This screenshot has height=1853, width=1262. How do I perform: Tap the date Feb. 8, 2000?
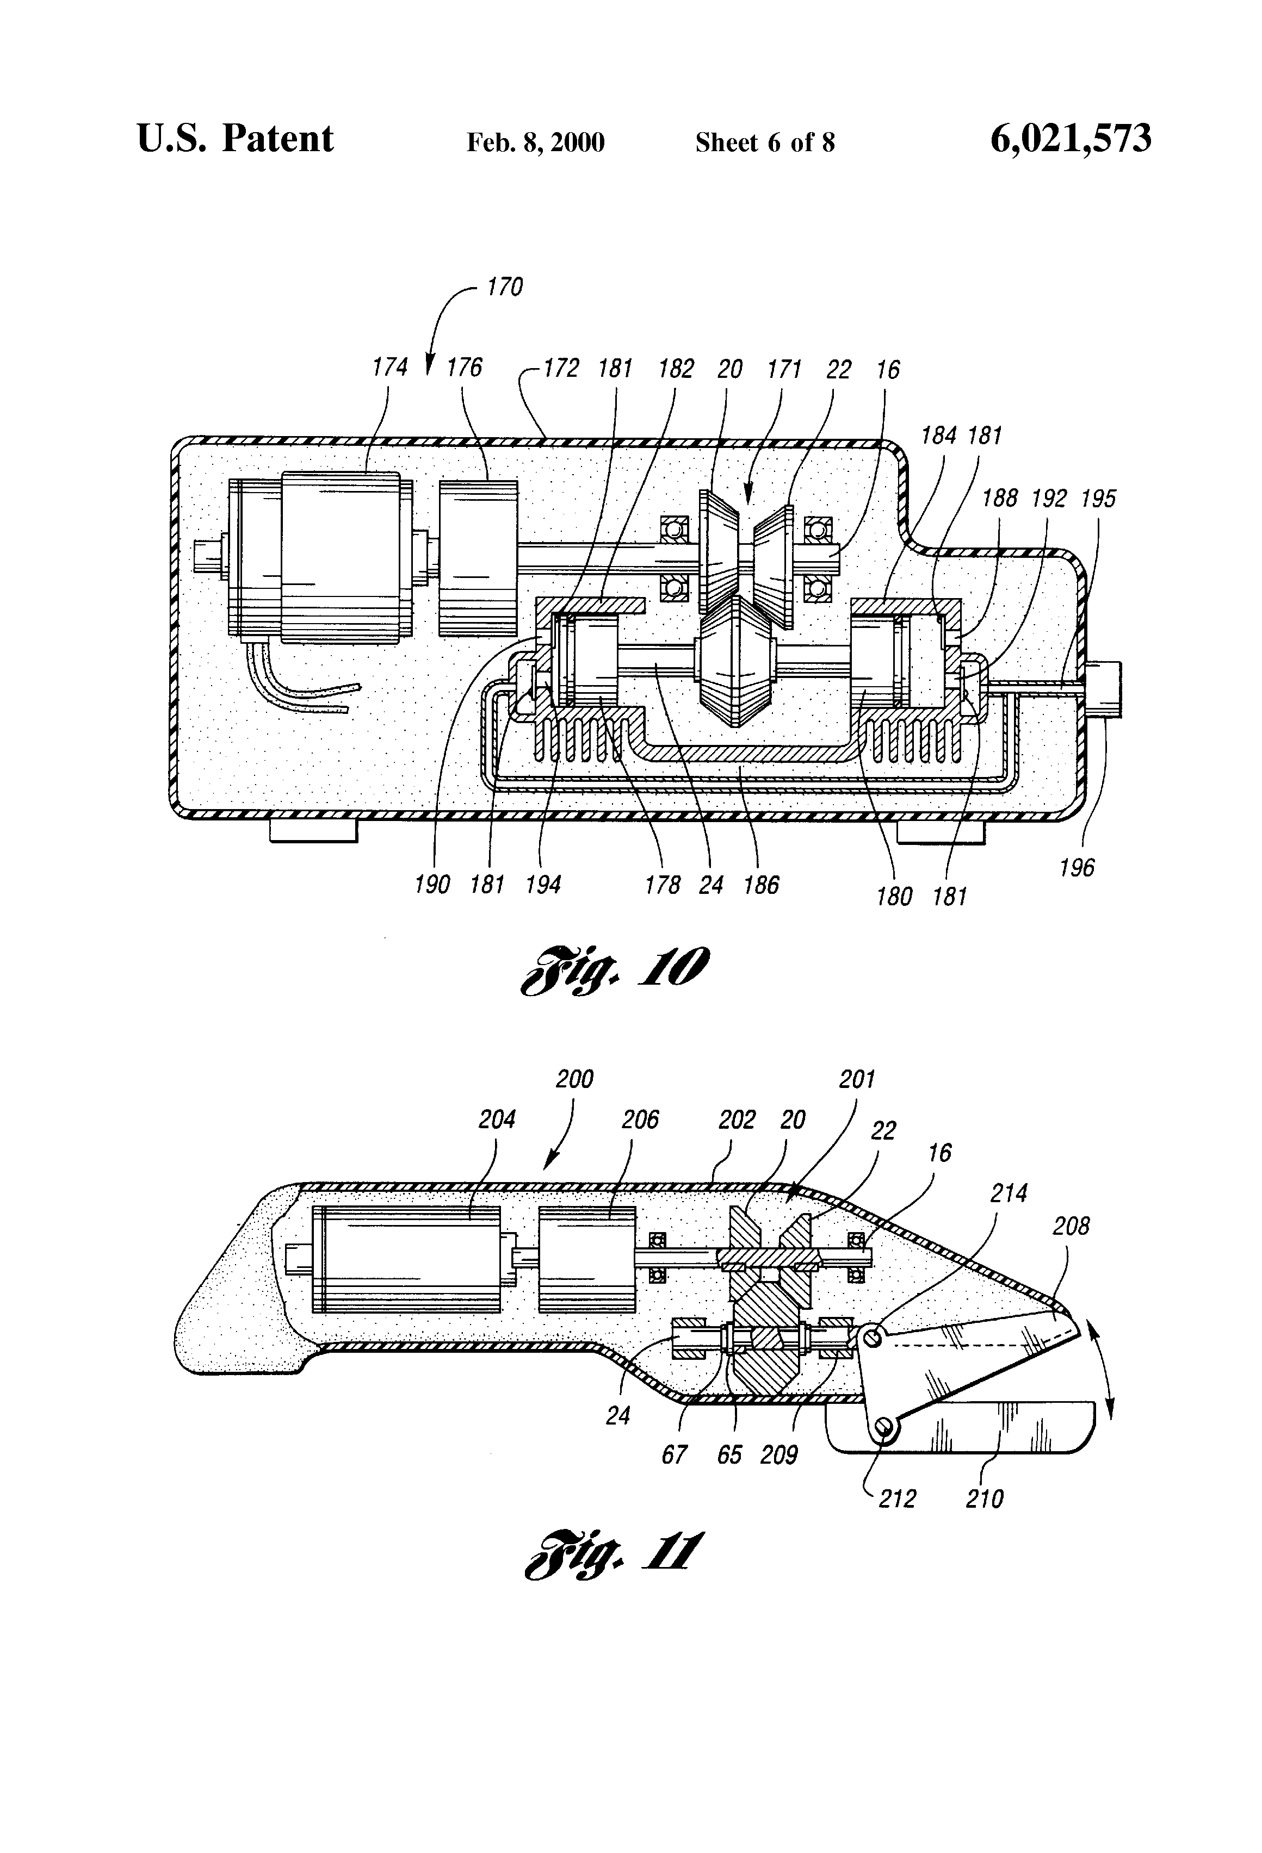click(535, 142)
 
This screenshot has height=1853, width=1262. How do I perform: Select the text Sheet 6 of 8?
click(764, 142)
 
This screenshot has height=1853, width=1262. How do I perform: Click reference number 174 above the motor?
click(390, 368)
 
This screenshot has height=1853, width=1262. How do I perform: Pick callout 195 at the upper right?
click(1098, 499)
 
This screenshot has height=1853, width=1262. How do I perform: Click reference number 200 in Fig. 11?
click(574, 1080)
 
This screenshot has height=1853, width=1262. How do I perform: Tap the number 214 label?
click(1009, 1193)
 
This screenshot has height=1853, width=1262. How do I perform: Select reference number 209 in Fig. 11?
click(778, 1455)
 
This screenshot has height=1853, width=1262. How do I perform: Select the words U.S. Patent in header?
click(236, 139)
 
